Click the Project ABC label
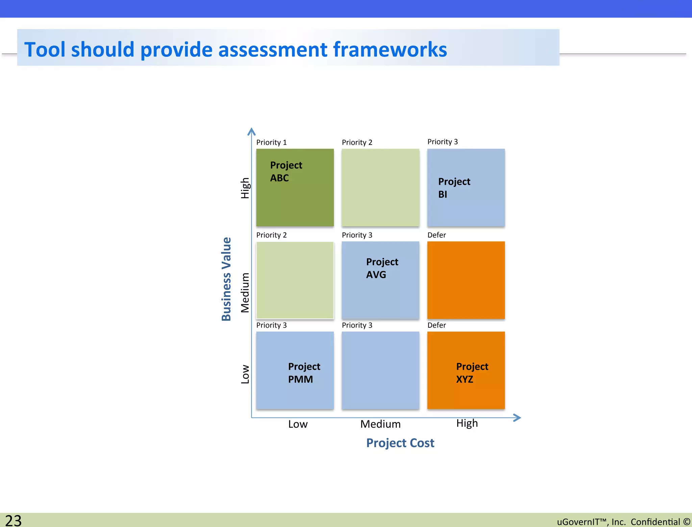coord(286,171)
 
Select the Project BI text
coord(454,188)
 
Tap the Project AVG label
coord(382,268)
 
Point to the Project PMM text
coord(304,373)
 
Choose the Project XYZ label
coord(472,373)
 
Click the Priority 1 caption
coord(271,142)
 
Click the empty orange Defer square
coord(466,280)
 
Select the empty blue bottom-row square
coord(380,370)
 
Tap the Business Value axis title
coord(226,279)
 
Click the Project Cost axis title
coord(400,443)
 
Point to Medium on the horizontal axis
coord(380,424)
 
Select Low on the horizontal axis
coord(298,424)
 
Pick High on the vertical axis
coord(245,188)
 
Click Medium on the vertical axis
coord(245,293)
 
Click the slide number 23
coord(14,521)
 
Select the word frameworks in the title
coord(390,49)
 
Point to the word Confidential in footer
coord(655,522)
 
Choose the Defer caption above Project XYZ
coord(436,325)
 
